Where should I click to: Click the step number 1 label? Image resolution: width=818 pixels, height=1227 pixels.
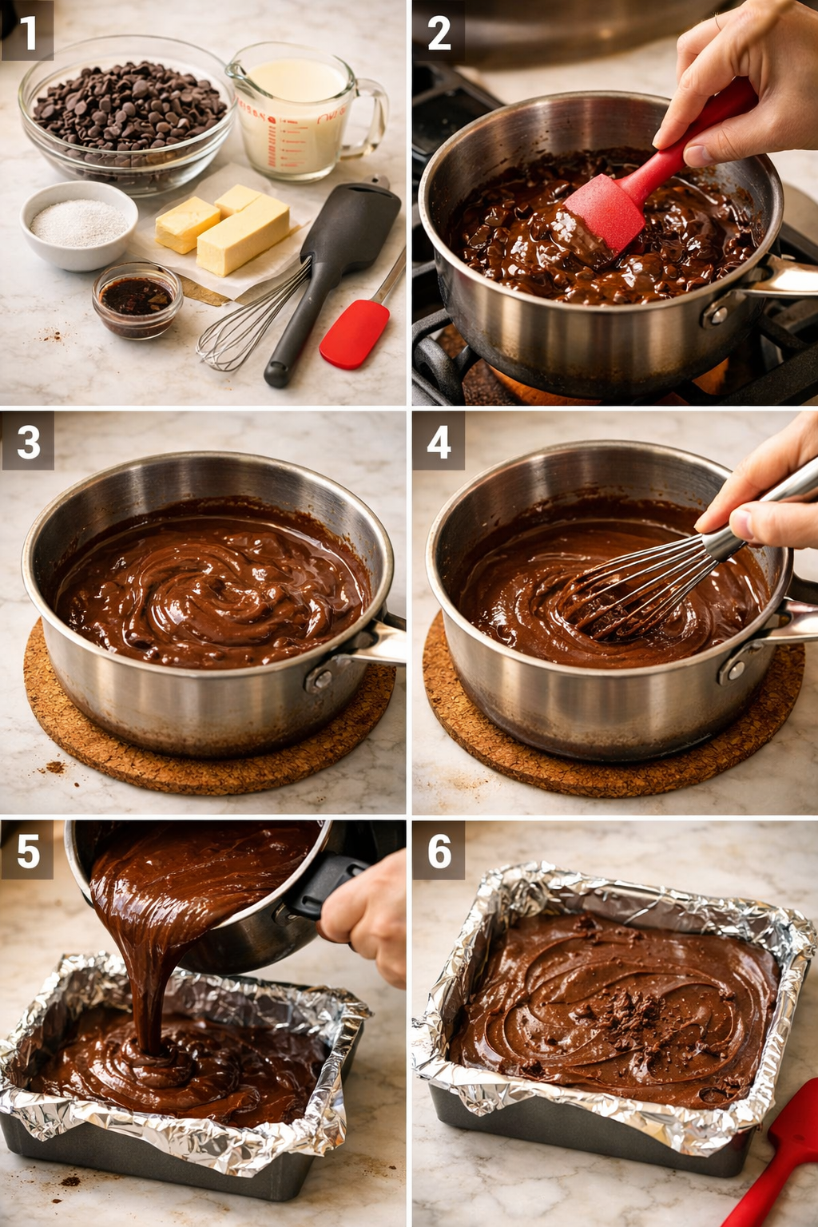point(27,33)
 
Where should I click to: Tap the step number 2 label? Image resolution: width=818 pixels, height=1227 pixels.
point(439,33)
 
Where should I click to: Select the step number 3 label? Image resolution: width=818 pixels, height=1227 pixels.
point(28,442)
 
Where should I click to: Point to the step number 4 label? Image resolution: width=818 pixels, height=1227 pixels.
point(439,442)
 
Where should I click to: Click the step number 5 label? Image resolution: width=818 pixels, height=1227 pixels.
point(28,851)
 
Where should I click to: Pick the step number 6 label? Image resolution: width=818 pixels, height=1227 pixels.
point(439,851)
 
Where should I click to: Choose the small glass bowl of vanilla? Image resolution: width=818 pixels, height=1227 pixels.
point(137,299)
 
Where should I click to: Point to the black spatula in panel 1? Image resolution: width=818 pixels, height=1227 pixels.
point(336,264)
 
